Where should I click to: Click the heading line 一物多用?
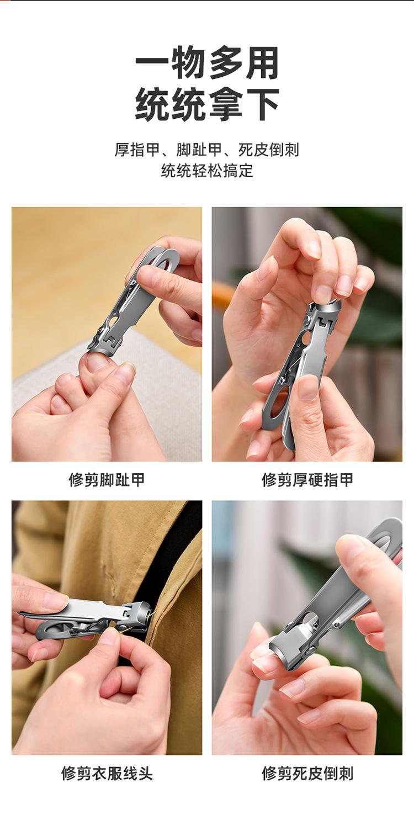coord(207,63)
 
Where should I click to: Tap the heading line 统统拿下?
coord(207,104)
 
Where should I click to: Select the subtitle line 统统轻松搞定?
coord(207,170)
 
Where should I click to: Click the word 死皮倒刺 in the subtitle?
coord(268,150)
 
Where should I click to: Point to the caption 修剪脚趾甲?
coord(107,479)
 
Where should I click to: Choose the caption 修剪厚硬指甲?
coord(307,479)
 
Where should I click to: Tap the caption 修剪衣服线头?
coord(107,773)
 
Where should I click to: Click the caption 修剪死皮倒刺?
coord(307,773)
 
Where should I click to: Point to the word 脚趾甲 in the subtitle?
coord(199,150)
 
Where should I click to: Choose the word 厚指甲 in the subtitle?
coord(137,150)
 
